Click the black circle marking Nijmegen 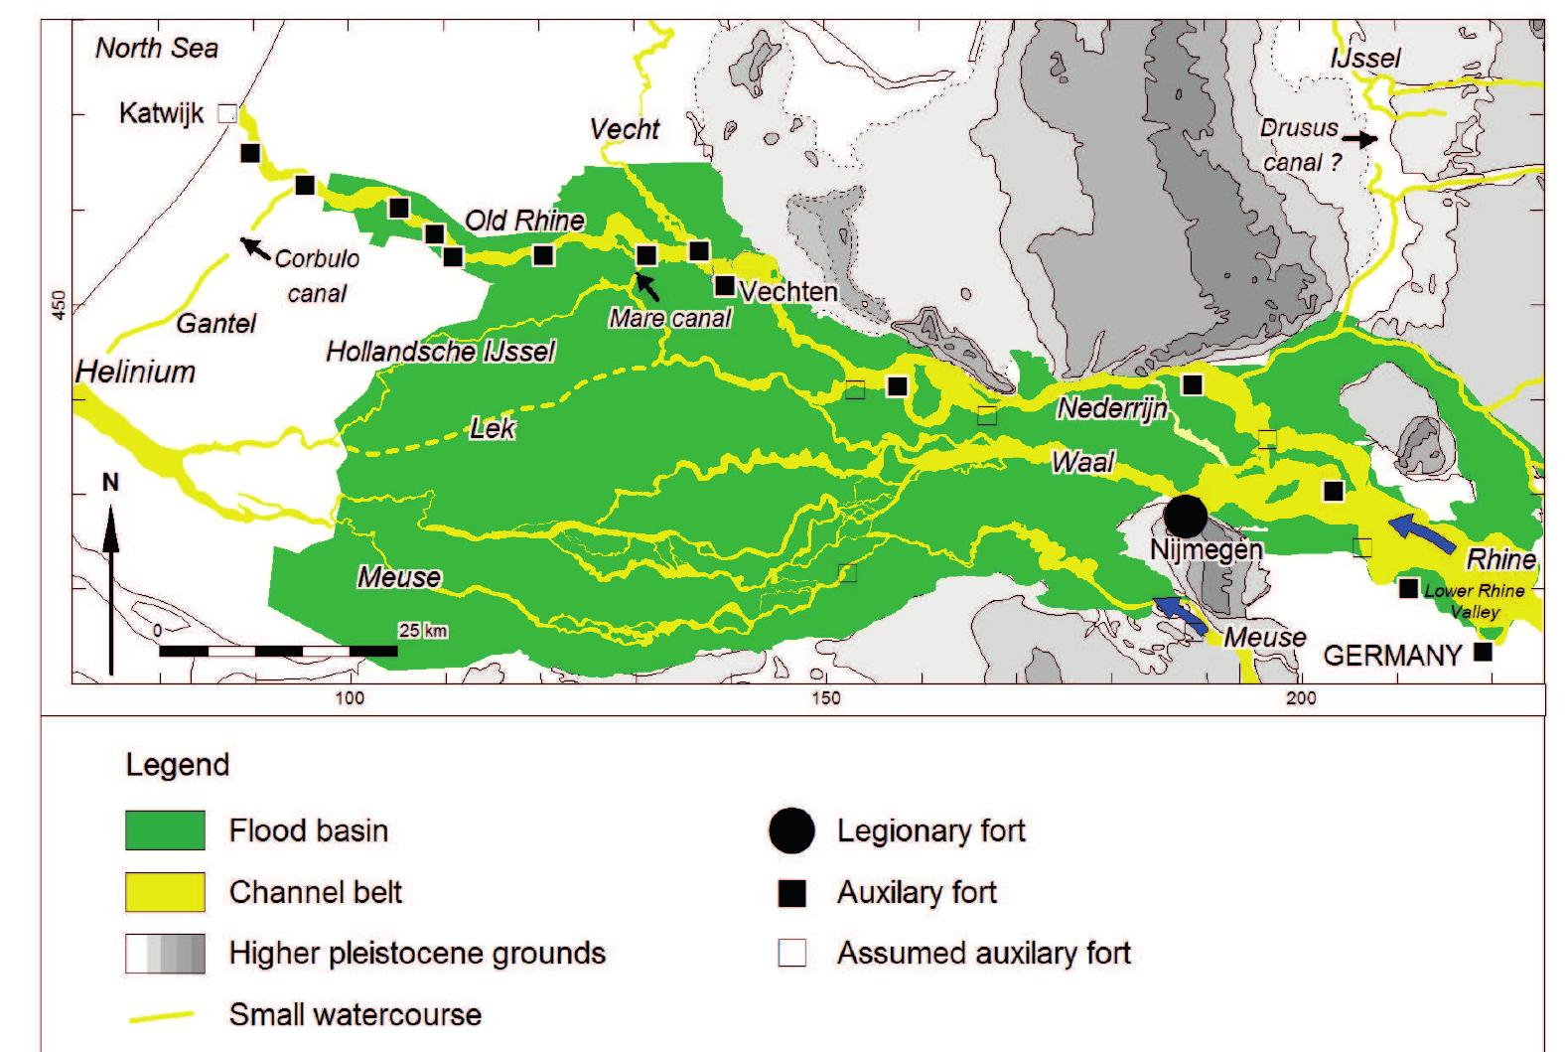[x=1185, y=516]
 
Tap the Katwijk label [x=161, y=113]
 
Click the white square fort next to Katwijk [x=227, y=113]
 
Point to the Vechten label [x=788, y=292]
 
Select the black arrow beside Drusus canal [x=1363, y=140]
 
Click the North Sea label [x=157, y=49]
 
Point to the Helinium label [x=136, y=373]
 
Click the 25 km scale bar [x=278, y=651]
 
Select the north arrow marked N [x=111, y=576]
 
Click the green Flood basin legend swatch [x=165, y=830]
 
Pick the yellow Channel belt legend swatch [x=165, y=892]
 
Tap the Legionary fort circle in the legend [x=791, y=830]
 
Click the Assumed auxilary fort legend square [x=791, y=954]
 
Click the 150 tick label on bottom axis [x=826, y=698]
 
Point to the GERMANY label [x=1392, y=656]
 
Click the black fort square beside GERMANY [x=1483, y=653]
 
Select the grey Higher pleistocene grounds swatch [x=165, y=954]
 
